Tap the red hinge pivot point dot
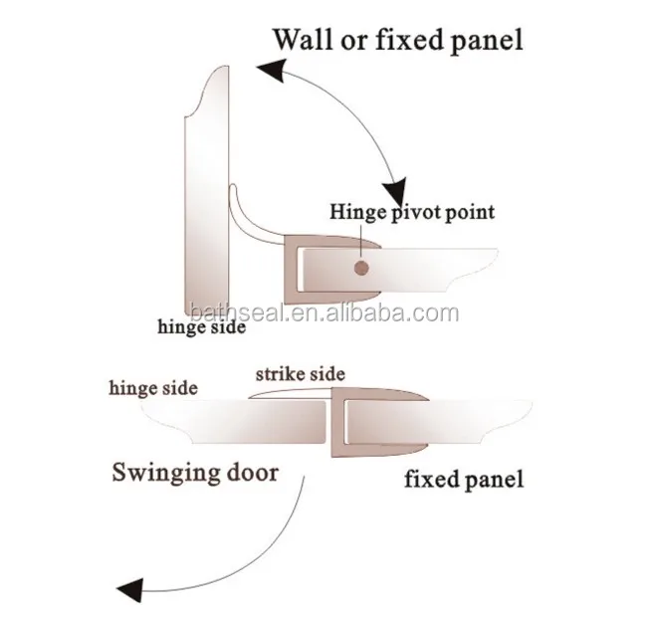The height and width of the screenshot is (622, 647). [x=360, y=267]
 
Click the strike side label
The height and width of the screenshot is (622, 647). [x=300, y=374]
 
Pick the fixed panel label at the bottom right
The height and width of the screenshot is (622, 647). [x=464, y=481]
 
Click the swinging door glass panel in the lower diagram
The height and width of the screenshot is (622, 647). [x=229, y=418]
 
